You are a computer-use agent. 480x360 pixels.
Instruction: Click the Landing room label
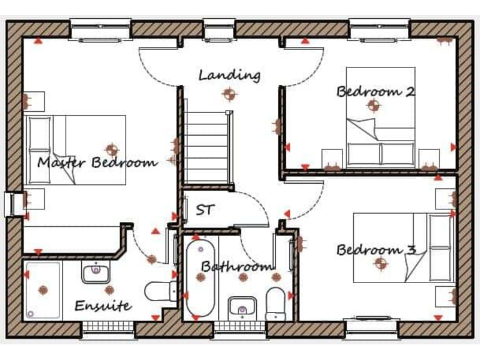pos(229,75)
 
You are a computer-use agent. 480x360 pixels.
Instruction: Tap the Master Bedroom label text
pos(97,163)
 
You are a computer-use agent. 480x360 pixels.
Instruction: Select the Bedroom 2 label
pos(376,91)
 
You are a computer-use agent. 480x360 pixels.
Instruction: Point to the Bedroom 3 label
pos(376,250)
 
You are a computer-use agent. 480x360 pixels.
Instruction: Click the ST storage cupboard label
pos(204,210)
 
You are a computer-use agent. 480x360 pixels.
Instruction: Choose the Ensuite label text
pos(103,306)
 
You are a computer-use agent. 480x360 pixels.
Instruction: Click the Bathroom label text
pos(237,267)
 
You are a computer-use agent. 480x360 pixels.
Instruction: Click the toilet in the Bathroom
pos(275,302)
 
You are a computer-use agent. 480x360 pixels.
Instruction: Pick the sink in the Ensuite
pos(96,272)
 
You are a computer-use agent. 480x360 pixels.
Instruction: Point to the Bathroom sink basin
pos(241,307)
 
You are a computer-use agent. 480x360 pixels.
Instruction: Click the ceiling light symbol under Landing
pos(229,94)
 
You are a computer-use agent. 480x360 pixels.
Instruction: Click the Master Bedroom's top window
pos(100,29)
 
